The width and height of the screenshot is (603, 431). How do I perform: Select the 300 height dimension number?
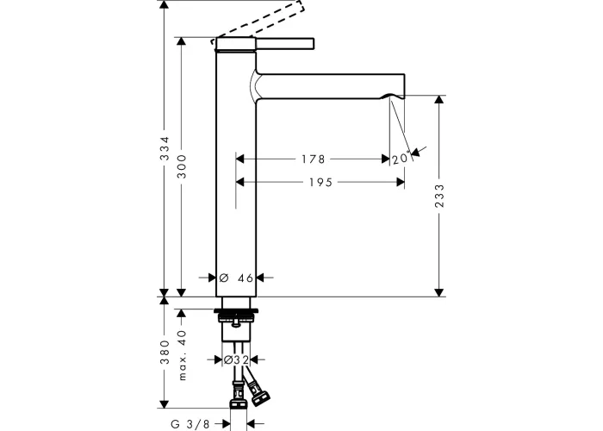click(181, 166)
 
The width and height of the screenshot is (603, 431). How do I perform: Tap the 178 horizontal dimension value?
click(313, 159)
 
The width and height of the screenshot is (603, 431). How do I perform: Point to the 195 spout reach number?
click(320, 182)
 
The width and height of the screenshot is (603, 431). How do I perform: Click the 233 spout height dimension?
click(439, 196)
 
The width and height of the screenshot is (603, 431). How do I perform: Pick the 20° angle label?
click(401, 158)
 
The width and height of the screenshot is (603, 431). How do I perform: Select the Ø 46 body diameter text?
click(236, 278)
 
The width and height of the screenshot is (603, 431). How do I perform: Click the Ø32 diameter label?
click(236, 359)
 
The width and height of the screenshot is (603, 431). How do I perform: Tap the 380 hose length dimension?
click(165, 352)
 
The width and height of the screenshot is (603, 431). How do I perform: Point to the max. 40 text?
click(182, 355)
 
